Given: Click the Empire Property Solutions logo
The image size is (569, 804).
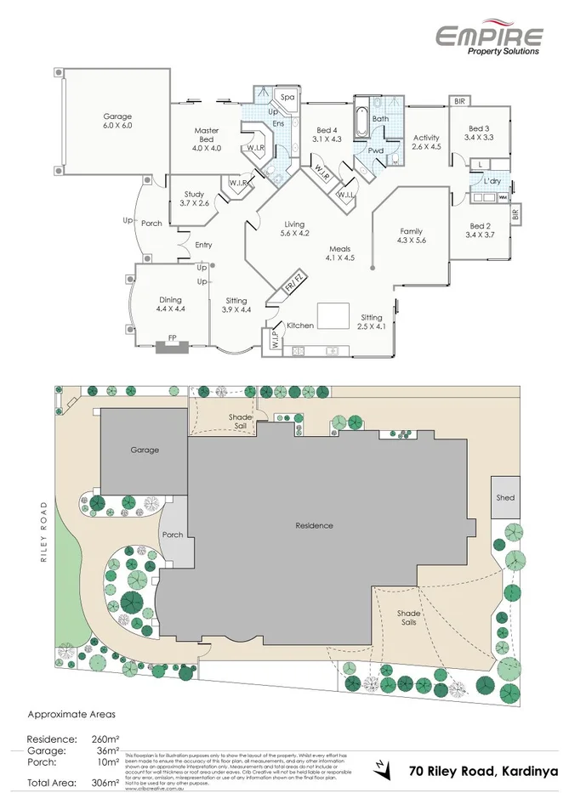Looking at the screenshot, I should pyautogui.click(x=489, y=39).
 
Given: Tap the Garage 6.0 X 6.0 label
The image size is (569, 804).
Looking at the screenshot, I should pyautogui.click(x=117, y=121).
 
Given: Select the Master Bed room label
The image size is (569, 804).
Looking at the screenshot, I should pyautogui.click(x=208, y=139).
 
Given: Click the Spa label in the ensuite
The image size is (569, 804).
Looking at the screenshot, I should pyautogui.click(x=287, y=97).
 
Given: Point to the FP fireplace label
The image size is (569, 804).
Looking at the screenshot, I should pyautogui.click(x=172, y=338).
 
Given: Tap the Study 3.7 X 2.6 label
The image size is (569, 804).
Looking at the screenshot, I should pyautogui.click(x=194, y=199).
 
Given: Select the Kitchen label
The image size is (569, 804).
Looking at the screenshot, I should pyautogui.click(x=299, y=326).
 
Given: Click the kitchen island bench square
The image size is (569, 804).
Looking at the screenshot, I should pyautogui.click(x=333, y=314).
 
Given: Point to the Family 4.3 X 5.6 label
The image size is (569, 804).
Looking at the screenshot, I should pyautogui.click(x=412, y=235).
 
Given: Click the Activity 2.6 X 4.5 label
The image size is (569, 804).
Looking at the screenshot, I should pyautogui.click(x=426, y=141).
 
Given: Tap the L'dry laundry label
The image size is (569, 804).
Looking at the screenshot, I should pyautogui.click(x=491, y=182).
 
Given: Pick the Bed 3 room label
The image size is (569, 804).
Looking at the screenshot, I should pyautogui.click(x=480, y=132).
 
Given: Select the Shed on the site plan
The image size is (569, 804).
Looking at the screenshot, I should pyautogui.click(x=504, y=498).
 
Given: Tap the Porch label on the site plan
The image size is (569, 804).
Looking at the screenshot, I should pyautogui.click(x=172, y=535).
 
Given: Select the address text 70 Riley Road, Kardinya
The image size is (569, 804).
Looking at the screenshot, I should pyautogui.click(x=482, y=771).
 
